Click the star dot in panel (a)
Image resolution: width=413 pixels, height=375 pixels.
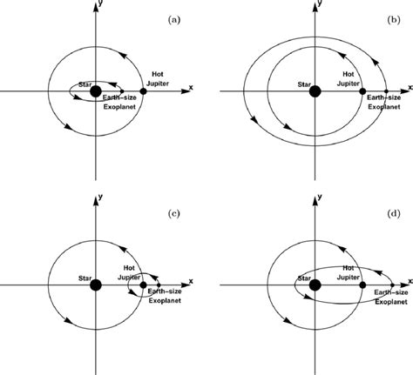point(96,91)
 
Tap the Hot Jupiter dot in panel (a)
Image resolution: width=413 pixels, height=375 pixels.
point(143,91)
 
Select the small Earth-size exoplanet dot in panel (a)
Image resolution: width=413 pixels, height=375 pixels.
point(122,91)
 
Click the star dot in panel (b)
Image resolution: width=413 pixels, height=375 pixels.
point(315,91)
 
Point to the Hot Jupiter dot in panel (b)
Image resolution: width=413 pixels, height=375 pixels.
point(362,91)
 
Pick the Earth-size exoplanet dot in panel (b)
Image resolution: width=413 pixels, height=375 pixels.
point(386,91)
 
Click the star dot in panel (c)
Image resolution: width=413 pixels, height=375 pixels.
point(96,285)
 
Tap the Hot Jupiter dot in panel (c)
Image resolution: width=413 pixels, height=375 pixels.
point(143,285)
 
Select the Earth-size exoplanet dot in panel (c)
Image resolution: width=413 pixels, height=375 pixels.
point(159,285)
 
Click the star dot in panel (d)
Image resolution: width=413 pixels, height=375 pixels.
point(315,285)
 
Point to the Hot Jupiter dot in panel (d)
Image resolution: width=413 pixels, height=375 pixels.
point(362,285)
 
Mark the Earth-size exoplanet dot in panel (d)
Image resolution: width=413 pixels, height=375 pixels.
point(392,285)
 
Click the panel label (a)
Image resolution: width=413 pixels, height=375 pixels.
point(174,20)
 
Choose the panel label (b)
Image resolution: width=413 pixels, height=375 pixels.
point(394,20)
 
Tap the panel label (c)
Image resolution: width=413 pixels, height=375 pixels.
point(174,214)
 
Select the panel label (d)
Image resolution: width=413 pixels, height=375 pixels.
point(394,214)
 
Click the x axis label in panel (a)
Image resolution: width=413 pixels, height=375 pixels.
point(191,87)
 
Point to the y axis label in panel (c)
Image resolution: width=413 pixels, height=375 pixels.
point(100,197)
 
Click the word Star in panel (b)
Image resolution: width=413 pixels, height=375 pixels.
point(304,84)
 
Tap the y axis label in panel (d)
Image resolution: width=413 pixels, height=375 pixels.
point(320,197)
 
